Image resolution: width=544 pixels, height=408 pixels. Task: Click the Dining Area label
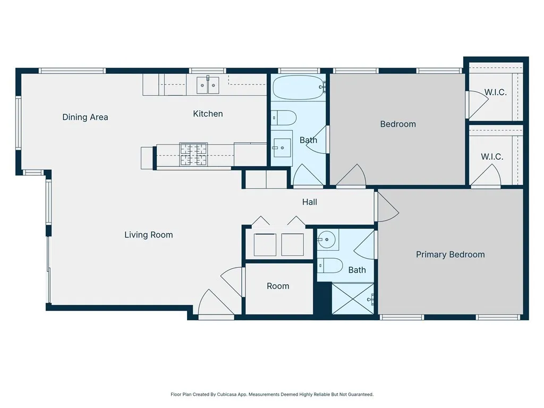(x=85, y=117)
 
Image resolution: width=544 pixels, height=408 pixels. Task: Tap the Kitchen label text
(x=208, y=114)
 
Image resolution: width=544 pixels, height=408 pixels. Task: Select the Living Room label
(x=148, y=235)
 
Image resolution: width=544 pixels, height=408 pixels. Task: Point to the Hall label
(x=310, y=202)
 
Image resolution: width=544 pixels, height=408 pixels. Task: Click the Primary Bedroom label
(x=450, y=254)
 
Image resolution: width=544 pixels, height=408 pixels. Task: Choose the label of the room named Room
(x=278, y=286)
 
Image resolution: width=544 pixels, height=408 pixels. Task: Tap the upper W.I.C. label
(x=495, y=92)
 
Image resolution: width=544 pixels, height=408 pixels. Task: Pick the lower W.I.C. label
(x=492, y=157)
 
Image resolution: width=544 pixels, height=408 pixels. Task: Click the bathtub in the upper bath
(x=298, y=87)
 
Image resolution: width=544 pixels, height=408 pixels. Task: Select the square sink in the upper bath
(x=282, y=144)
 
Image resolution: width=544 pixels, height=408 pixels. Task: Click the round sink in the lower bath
(x=327, y=240)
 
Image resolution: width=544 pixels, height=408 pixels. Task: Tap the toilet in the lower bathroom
(x=329, y=265)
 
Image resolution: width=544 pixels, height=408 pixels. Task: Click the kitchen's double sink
(x=208, y=85)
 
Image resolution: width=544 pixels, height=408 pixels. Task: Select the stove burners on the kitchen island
(x=193, y=155)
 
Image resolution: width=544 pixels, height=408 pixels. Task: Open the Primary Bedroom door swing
(x=387, y=207)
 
